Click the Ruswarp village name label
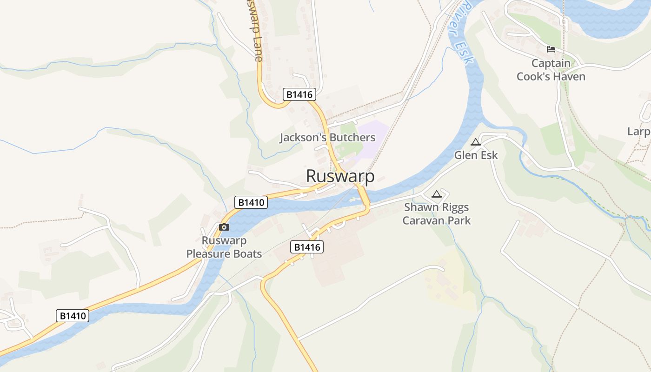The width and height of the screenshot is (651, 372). (340, 176)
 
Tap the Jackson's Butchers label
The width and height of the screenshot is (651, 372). (327, 138)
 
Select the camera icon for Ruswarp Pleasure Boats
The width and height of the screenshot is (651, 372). (224, 227)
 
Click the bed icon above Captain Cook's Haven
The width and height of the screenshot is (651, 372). (551, 49)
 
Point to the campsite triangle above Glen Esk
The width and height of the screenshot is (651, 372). (475, 142)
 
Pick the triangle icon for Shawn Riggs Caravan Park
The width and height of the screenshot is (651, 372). (436, 194)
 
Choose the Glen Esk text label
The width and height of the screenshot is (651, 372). (476, 155)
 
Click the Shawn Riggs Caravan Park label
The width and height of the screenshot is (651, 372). (436, 214)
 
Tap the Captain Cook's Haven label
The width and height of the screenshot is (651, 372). (551, 70)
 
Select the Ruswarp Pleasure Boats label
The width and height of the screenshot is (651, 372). (224, 247)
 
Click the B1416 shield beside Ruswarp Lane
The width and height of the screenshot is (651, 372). (299, 94)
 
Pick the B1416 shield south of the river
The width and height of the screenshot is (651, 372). (307, 247)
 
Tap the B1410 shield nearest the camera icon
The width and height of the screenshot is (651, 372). (251, 202)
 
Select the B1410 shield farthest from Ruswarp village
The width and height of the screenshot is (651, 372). (73, 316)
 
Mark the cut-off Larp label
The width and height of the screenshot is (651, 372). (639, 132)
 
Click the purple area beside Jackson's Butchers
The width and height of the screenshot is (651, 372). (374, 133)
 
